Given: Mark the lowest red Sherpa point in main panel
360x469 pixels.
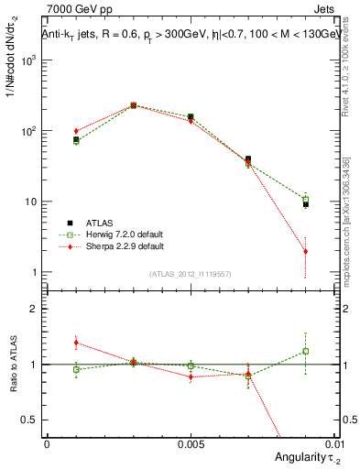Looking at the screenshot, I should (x=305, y=251).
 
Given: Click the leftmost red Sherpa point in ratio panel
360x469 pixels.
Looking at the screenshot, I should (x=76, y=343).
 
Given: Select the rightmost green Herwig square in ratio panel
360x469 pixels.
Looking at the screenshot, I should (x=305, y=351).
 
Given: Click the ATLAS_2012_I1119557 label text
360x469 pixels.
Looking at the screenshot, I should (x=190, y=274).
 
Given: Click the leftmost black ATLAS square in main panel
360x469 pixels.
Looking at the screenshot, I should (x=76, y=139).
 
